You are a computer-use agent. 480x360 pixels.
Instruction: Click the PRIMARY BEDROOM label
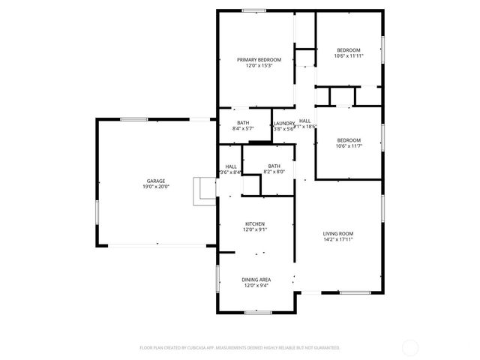click(x=259, y=60)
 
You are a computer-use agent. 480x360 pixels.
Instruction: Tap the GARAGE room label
click(x=156, y=181)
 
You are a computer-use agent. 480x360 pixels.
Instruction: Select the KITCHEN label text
click(x=255, y=224)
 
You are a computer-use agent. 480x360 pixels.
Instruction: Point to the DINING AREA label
click(x=255, y=280)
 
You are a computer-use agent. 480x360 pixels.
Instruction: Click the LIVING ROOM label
click(x=338, y=234)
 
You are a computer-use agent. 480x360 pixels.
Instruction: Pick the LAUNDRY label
click(x=283, y=123)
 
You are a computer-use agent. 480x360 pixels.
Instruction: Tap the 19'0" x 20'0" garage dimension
click(x=157, y=187)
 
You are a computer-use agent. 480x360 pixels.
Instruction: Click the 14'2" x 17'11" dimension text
click(x=338, y=240)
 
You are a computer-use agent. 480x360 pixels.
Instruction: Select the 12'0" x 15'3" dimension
click(x=259, y=66)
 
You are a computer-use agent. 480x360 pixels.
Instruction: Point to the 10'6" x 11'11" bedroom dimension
click(x=349, y=55)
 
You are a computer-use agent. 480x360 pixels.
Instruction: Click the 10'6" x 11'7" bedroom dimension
click(x=349, y=146)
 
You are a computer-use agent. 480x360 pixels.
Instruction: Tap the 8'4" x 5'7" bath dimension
click(x=243, y=129)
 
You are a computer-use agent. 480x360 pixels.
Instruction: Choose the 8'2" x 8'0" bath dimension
click(x=274, y=172)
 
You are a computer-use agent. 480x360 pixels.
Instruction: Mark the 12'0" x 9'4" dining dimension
click(x=255, y=286)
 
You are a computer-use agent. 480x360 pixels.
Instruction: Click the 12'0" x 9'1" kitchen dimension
click(x=255, y=230)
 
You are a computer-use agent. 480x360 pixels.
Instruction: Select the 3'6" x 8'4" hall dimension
click(x=231, y=172)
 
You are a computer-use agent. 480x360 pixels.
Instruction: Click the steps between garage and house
click(x=204, y=190)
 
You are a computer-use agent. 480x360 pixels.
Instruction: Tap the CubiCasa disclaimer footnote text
click(x=240, y=347)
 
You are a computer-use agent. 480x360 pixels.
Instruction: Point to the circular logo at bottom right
click(x=410, y=347)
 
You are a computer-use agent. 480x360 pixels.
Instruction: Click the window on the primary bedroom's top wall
click(x=253, y=10)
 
